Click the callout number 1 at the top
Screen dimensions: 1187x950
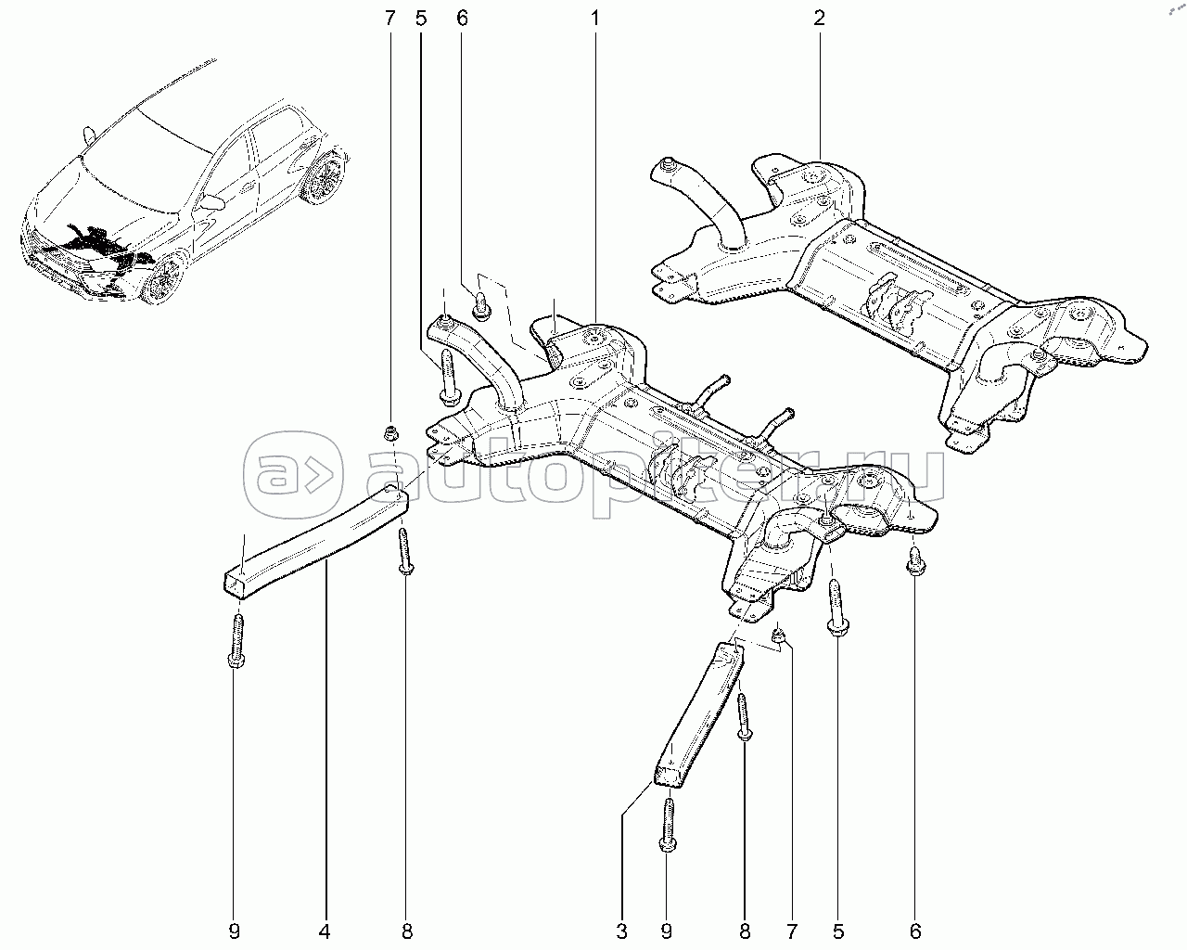point(594,19)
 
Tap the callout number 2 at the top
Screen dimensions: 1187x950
point(819,19)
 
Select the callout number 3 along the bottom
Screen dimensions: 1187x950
point(621,931)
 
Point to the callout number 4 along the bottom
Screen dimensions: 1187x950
point(325,931)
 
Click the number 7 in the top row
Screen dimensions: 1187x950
point(390,19)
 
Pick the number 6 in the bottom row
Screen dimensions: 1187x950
point(915,931)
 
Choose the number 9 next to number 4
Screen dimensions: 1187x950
point(235,931)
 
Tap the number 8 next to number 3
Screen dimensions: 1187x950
point(745,931)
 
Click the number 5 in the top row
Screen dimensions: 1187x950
point(421,19)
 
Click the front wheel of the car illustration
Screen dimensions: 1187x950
point(164,278)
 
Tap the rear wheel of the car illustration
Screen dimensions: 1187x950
point(325,176)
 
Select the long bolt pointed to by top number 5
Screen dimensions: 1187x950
point(447,377)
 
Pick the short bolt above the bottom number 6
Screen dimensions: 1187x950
point(915,561)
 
